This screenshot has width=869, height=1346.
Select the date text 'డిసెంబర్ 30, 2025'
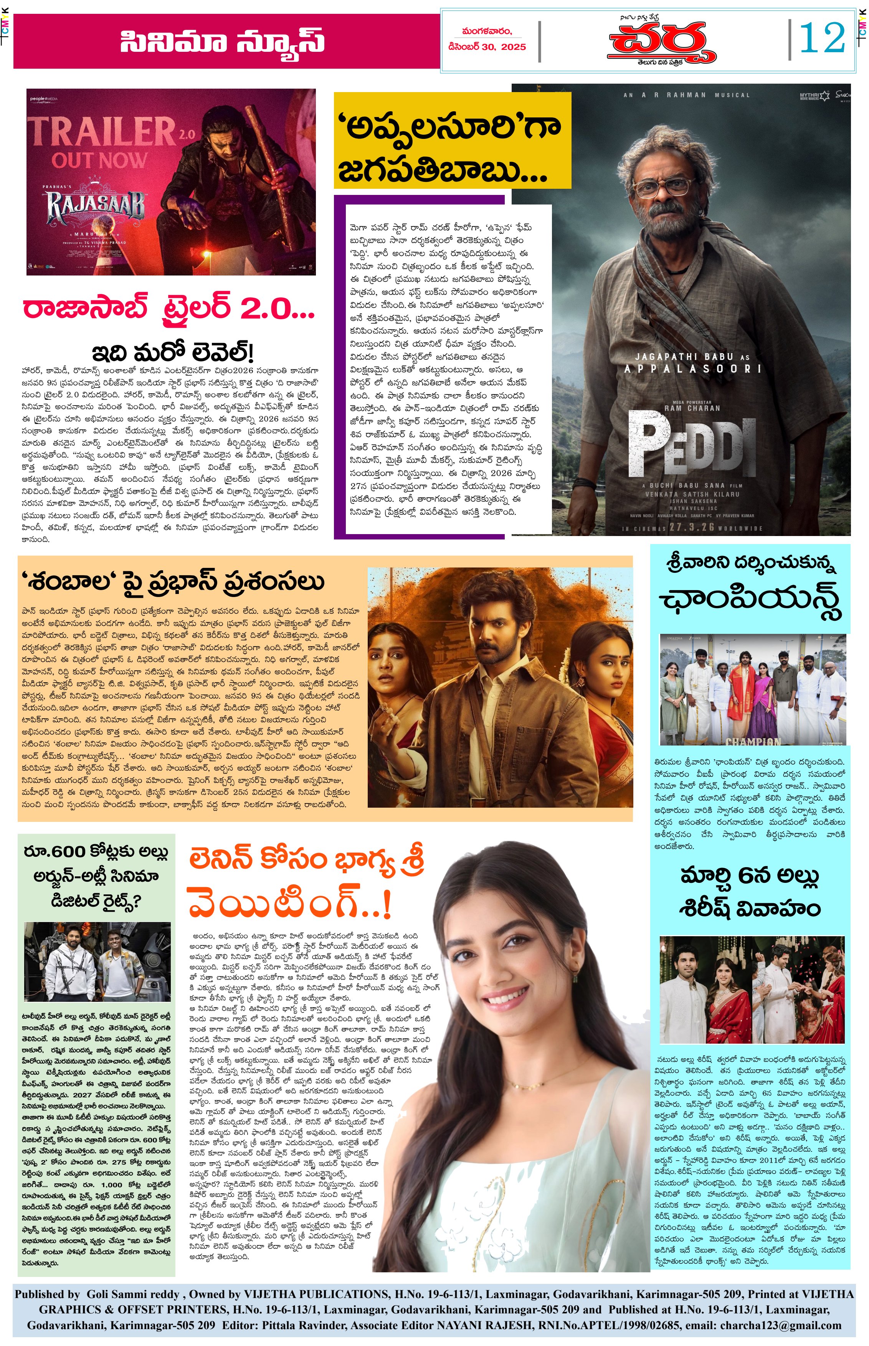486,47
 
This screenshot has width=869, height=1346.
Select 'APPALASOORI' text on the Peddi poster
692,369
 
